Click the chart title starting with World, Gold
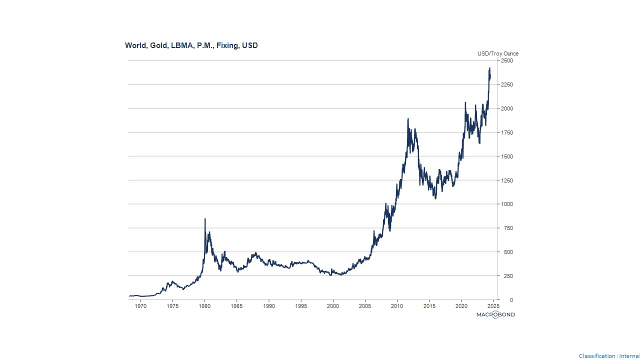tap(191, 45)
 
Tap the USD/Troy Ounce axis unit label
tap(497, 53)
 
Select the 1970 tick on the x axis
tap(140, 305)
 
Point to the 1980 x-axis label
tap(204, 305)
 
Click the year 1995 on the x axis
tap(301, 305)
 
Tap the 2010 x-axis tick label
tap(397, 305)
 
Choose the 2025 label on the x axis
tap(493, 305)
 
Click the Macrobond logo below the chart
tap(495, 314)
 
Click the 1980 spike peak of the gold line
tap(205, 219)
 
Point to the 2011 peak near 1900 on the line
tap(408, 119)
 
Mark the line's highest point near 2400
tap(489, 68)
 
